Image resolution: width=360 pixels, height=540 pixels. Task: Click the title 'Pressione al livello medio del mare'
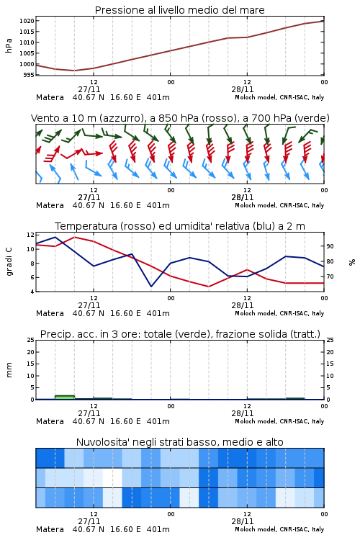[x=179, y=10]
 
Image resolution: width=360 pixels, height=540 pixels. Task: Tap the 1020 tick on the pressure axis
[x=27, y=21]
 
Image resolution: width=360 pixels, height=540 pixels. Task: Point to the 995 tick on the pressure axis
[x=29, y=75]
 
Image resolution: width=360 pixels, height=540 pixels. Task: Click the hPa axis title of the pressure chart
[x=9, y=45]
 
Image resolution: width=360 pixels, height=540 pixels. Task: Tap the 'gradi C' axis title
[x=9, y=261]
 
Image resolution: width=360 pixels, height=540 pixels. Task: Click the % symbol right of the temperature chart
[x=352, y=262]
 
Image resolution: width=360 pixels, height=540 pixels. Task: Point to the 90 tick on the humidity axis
[x=330, y=246]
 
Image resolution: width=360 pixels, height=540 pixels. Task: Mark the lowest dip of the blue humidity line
[x=151, y=286]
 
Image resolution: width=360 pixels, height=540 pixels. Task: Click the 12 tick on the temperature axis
[x=30, y=235]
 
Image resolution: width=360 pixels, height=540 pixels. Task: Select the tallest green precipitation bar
[x=65, y=397]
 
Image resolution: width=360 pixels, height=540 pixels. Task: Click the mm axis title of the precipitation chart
[x=9, y=369]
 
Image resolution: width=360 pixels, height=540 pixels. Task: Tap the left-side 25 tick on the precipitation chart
[x=30, y=340]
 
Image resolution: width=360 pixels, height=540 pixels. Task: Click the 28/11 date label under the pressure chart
[x=243, y=89]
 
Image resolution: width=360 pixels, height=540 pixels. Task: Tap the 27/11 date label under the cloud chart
[x=89, y=521]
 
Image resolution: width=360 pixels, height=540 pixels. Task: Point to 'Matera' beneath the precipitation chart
[x=50, y=421]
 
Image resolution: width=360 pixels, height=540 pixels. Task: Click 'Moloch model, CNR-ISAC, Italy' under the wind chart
[x=279, y=205]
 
